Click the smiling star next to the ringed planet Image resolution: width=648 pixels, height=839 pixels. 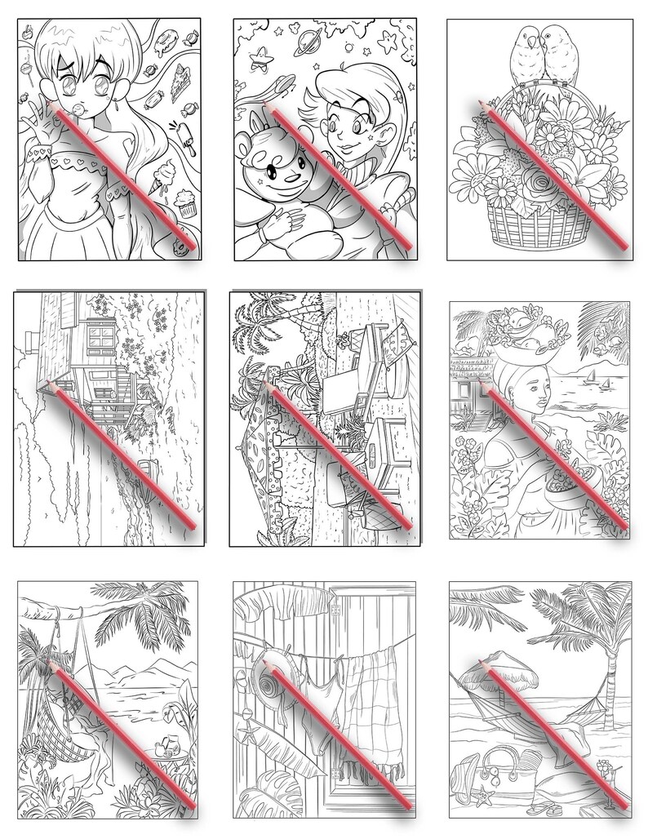point(262,57)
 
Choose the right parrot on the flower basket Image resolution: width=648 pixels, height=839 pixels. point(558,55)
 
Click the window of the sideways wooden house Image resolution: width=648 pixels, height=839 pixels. point(106,335)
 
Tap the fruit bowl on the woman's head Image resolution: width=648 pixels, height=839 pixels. point(518,331)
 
